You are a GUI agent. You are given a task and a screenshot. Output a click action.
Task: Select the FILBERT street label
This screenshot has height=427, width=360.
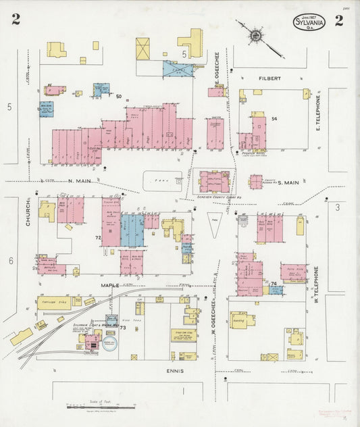pos(270,79)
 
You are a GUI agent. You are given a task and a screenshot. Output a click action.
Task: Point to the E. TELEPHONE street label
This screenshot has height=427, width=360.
pos(317,113)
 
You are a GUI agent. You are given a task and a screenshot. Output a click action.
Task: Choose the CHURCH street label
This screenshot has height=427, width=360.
pos(29,211)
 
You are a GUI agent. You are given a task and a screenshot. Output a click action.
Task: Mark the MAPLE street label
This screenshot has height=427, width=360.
pos(110,286)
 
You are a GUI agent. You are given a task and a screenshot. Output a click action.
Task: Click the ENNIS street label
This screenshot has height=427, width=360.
pos(174,371)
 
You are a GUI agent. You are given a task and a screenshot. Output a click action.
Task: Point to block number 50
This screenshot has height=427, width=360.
pos(119,97)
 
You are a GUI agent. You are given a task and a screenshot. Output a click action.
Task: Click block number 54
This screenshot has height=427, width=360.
pos(274,119)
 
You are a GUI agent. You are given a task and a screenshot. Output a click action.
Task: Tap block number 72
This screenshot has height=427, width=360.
pos(97,238)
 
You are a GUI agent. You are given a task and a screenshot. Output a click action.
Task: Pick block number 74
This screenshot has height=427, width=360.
pos(274,284)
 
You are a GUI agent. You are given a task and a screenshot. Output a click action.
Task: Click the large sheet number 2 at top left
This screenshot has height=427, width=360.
pos(15,20)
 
